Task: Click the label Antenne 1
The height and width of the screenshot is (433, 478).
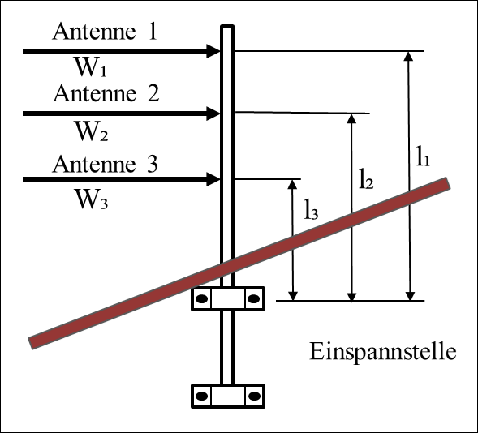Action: tap(105, 32)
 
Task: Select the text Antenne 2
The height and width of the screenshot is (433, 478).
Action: tap(106, 93)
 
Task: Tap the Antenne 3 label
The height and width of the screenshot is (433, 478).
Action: tap(106, 164)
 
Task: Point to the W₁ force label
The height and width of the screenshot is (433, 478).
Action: tap(91, 67)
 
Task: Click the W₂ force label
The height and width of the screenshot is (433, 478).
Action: tap(92, 131)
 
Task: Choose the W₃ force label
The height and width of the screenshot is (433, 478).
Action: tap(92, 199)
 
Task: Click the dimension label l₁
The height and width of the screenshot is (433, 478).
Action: tap(423, 156)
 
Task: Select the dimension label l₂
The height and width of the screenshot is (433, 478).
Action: tap(366, 178)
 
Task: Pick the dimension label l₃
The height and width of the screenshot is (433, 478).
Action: tap(312, 209)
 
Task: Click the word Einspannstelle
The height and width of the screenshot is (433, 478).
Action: tap(383, 351)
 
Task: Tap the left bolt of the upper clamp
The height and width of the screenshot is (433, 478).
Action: tap(201, 299)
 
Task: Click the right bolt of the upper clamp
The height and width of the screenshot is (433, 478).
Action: tap(254, 299)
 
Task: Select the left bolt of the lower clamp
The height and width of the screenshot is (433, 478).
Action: tap(201, 397)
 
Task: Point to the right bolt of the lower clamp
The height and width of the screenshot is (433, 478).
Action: tap(254, 397)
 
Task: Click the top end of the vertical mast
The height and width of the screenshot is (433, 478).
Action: tap(227, 26)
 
